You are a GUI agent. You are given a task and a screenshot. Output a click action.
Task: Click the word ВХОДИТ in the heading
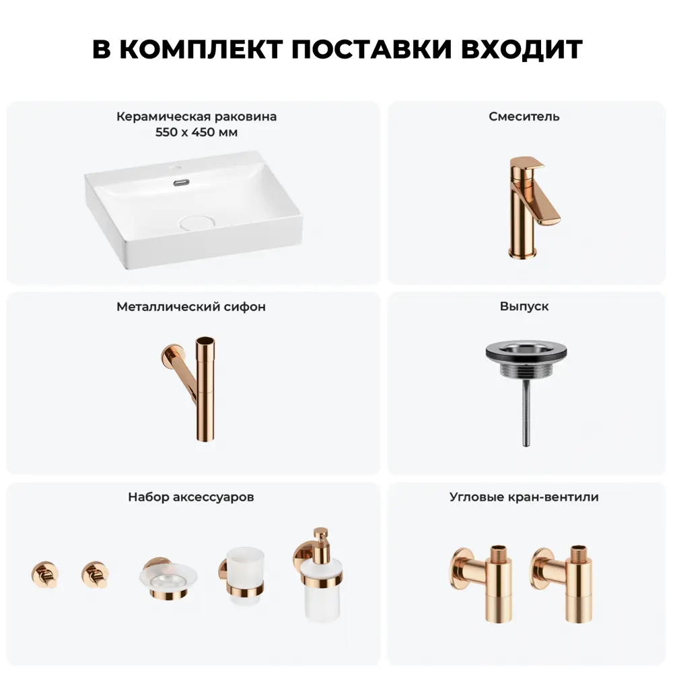pos(522,48)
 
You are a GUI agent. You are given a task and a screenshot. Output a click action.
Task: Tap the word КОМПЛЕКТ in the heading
pos(201,48)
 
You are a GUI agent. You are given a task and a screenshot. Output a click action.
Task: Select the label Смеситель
pos(524,116)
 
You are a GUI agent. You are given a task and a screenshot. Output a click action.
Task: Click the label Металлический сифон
pos(191,306)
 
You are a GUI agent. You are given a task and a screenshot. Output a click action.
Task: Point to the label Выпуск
pos(524,306)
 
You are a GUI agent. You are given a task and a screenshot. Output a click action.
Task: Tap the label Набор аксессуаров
pos(191,497)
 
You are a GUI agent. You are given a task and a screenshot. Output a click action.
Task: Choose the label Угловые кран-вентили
pos(524,497)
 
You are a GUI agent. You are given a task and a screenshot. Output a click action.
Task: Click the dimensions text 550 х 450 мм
pos(197,132)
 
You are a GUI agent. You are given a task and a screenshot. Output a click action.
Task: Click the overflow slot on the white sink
pos(182,182)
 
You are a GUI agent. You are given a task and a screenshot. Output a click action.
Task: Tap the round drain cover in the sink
pos(197,223)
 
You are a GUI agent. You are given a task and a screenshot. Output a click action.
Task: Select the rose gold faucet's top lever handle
pos(527,163)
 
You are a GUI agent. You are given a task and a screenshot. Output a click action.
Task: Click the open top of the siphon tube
pos(205,341)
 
